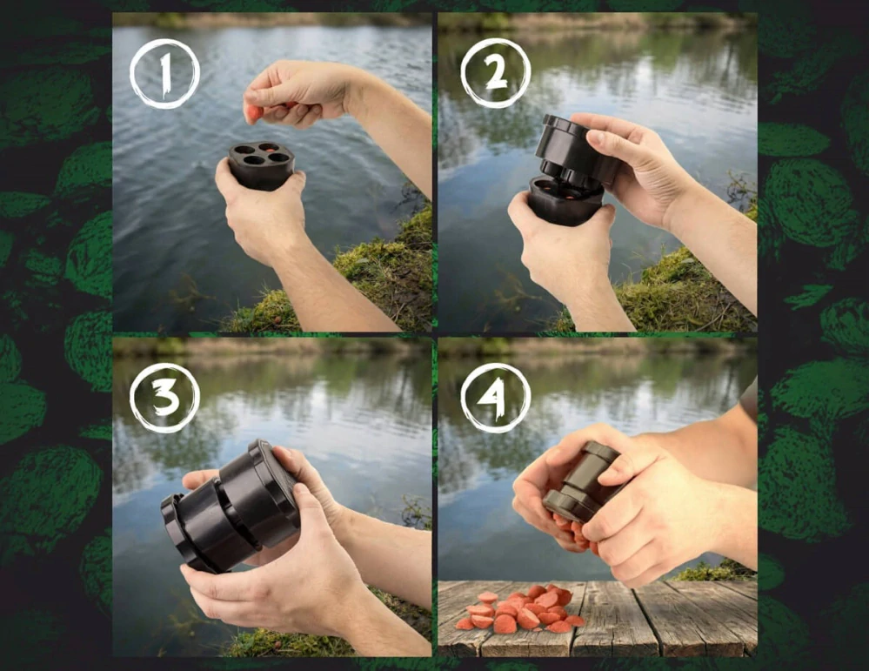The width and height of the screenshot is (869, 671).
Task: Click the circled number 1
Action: (x=164, y=73)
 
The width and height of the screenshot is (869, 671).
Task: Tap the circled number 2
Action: (x=495, y=73)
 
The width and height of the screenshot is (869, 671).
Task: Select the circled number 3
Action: (x=164, y=398)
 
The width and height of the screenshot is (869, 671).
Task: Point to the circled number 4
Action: (x=495, y=398)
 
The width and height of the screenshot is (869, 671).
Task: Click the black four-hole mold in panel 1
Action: (x=261, y=164)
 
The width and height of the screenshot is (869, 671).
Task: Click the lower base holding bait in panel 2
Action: (x=565, y=198)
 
